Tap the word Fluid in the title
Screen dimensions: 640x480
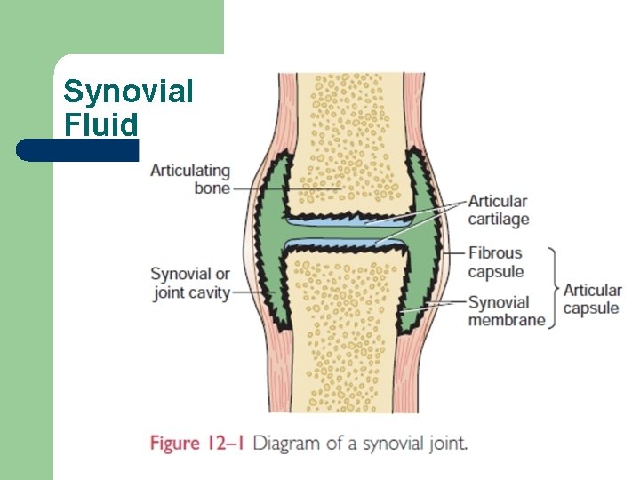point(100,124)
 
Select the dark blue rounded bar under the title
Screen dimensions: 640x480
point(77,150)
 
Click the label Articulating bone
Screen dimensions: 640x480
point(190,180)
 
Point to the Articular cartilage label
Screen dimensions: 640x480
point(499,210)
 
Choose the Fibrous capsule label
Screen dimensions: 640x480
point(495,262)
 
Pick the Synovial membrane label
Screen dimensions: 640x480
point(507,311)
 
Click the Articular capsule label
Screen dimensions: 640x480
point(592,300)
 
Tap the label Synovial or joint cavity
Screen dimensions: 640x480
point(190,284)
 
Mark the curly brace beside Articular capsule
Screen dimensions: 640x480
point(554,288)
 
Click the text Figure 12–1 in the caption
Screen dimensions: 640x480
point(197,444)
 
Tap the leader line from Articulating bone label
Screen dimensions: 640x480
point(286,188)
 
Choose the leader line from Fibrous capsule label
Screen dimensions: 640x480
point(453,253)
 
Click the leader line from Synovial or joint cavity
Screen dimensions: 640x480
point(252,292)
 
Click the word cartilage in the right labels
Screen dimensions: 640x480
point(499,220)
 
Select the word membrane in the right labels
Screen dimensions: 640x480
point(507,320)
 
